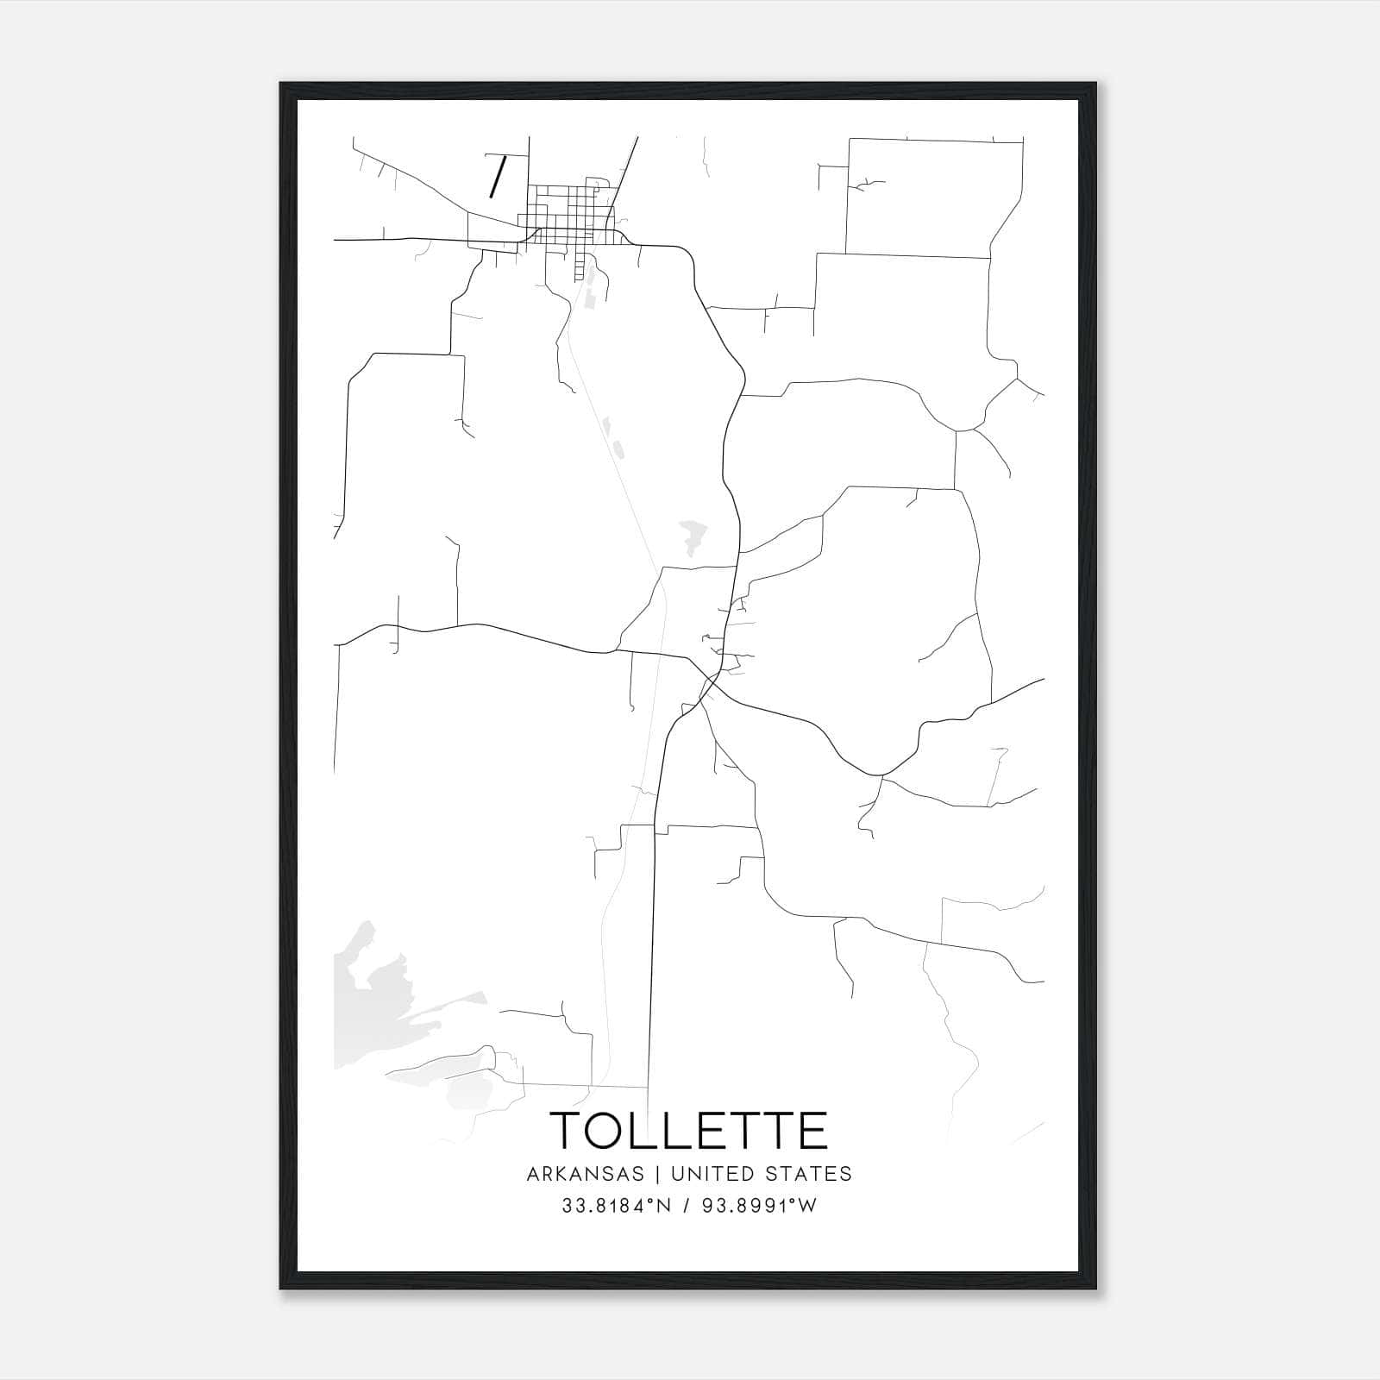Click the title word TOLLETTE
coord(688,1130)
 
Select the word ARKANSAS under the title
coord(585,1174)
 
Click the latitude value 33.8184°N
coord(614,1207)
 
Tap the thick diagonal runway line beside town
coord(496,177)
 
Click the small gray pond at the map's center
coord(693,536)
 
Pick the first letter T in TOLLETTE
coord(569,1130)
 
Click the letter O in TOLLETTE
coord(615,1130)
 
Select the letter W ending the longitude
coord(807,1207)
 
